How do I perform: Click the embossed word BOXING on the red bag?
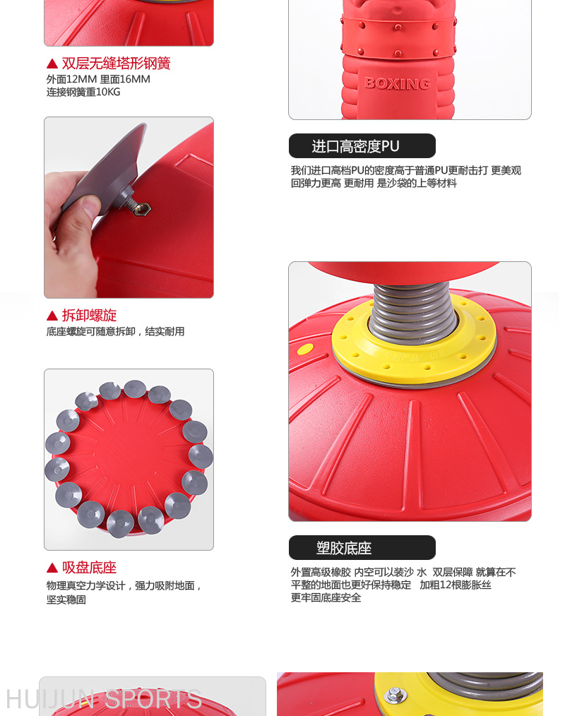click(x=398, y=83)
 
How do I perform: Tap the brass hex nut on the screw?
click(x=142, y=209)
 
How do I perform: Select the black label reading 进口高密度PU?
click(x=362, y=146)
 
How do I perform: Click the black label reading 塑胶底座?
click(x=362, y=547)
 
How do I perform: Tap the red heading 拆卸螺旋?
click(x=90, y=315)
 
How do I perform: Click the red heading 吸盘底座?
click(x=90, y=568)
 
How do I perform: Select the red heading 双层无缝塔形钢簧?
click(x=116, y=63)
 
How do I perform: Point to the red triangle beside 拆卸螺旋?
click(x=52, y=316)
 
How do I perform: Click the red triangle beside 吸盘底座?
click(x=52, y=568)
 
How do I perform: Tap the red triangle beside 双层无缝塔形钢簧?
click(x=52, y=64)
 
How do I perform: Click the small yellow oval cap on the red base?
click(x=305, y=350)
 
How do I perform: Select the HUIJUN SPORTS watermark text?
click(x=104, y=699)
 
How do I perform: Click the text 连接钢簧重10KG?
click(x=83, y=92)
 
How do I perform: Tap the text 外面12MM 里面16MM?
click(x=98, y=79)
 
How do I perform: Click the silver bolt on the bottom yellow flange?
click(x=393, y=696)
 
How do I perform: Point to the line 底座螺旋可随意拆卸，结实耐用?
click(x=115, y=331)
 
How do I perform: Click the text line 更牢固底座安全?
click(x=326, y=598)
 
